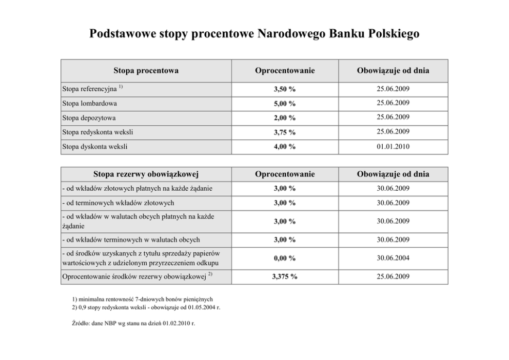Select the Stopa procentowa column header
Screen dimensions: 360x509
(146, 71)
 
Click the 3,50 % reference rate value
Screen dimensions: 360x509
(284, 89)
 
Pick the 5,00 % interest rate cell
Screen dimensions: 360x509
(284, 104)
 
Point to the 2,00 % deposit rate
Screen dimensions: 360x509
(284, 118)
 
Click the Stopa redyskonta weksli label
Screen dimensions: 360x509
(94, 132)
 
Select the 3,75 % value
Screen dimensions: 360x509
(284, 132)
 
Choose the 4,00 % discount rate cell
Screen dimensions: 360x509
(284, 147)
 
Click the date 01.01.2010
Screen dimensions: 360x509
(391, 147)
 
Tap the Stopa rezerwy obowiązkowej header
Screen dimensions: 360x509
(146, 174)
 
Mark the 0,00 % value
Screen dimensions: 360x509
(284, 258)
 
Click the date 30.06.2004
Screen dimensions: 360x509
(391, 258)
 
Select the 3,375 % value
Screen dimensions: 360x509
(284, 277)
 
